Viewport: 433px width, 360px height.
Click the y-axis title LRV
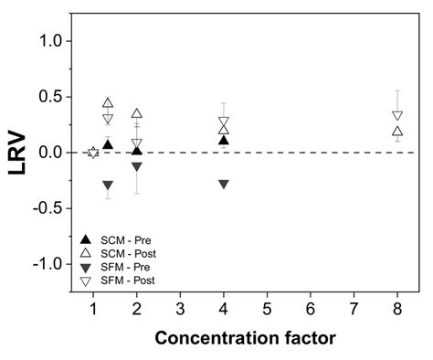[x=19, y=154]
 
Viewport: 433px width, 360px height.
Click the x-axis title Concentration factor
[x=245, y=338]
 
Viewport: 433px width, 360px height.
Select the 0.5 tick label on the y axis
[x=51, y=97]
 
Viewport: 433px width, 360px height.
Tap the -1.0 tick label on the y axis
[x=48, y=263]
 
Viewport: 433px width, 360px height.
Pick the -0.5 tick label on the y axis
[x=48, y=207]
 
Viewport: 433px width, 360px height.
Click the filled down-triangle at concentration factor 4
[x=224, y=184]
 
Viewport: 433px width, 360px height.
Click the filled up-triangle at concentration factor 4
[x=224, y=140]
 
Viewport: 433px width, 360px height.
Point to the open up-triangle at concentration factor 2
[x=137, y=114]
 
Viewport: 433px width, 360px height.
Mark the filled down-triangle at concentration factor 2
[x=137, y=166]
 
